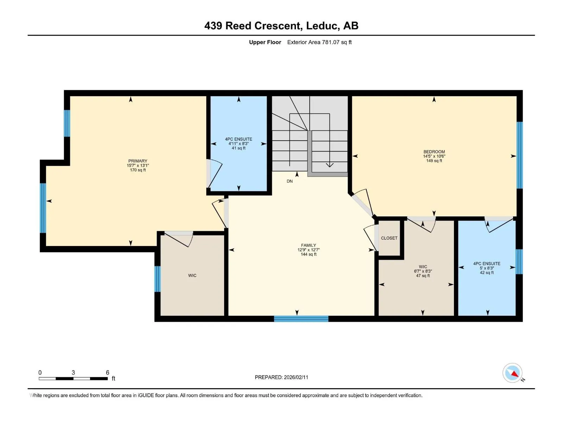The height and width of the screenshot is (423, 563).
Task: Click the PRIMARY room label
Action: point(138,161)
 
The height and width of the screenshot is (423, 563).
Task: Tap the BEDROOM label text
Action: point(434,152)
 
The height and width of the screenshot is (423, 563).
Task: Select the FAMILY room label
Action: point(308,245)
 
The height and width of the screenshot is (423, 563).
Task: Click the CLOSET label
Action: point(389,238)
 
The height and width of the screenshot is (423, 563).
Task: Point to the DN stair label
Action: point(290,181)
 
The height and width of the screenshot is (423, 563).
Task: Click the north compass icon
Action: point(512,373)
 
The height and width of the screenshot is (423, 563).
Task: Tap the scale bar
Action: point(73,379)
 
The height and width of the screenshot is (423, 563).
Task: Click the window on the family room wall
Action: point(301,319)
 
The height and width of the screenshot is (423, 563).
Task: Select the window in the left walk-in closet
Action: point(158,279)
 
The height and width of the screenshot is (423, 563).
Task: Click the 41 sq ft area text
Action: point(239,148)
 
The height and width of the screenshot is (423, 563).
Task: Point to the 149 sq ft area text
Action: point(434,161)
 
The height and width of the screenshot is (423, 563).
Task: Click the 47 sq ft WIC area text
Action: point(423,276)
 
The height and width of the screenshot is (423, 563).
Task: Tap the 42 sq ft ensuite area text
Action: point(487,272)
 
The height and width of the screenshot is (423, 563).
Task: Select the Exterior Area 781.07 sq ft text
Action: point(320,42)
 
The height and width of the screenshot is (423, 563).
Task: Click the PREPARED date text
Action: point(281,377)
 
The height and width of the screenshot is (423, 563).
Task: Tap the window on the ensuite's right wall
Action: point(519,262)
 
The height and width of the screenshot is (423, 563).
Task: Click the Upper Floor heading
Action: point(265,42)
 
